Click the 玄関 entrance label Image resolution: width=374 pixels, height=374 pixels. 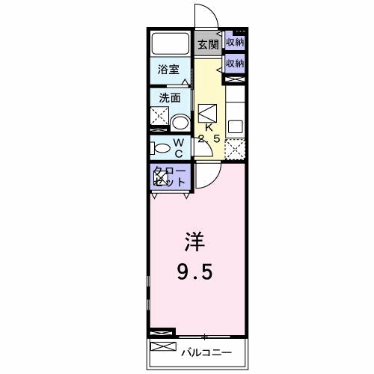pyautogui.click(x=208, y=44)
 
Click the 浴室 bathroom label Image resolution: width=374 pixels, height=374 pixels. pyautogui.click(x=170, y=70)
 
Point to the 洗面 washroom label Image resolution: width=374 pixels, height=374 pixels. pyautogui.click(x=170, y=98)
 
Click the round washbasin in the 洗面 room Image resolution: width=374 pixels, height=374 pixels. pyautogui.click(x=180, y=122)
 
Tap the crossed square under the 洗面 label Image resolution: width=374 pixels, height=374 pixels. pyautogui.click(x=160, y=117)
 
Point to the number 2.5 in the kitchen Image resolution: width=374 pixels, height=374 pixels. pyautogui.click(x=209, y=138)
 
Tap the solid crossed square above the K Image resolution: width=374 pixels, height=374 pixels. pyautogui.click(x=207, y=111)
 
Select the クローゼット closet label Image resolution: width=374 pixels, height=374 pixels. pyautogui.click(x=169, y=177)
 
